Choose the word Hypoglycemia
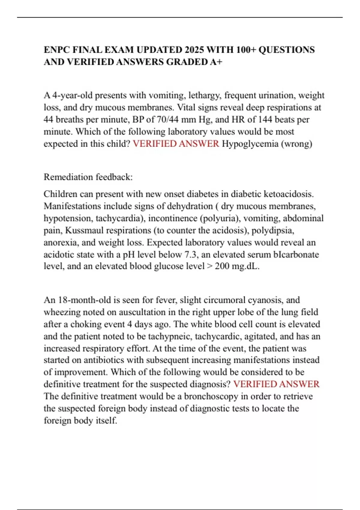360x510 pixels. [250, 144]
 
